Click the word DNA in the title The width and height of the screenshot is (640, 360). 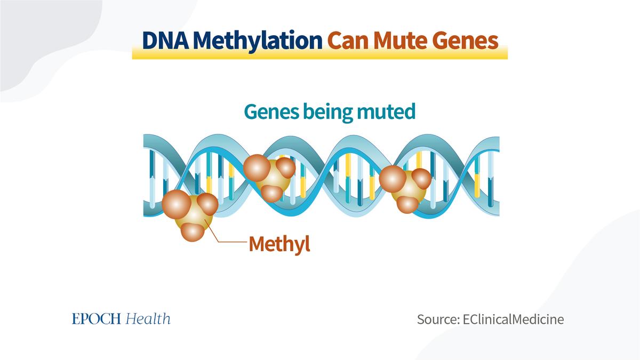pyautogui.click(x=165, y=41)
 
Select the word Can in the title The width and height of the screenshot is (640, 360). pyautogui.click(x=348, y=41)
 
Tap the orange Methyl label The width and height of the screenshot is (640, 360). pyautogui.click(x=279, y=244)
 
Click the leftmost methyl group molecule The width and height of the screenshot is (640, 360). pyautogui.click(x=190, y=215)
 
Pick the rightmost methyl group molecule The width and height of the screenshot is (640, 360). pyautogui.click(x=405, y=189)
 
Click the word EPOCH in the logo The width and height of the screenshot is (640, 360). pyautogui.click(x=97, y=319)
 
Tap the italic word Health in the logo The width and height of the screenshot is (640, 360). pyautogui.click(x=148, y=319)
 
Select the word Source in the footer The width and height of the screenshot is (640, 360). pyautogui.click(x=438, y=319)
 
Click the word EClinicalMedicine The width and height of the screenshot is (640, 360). pyautogui.click(x=514, y=319)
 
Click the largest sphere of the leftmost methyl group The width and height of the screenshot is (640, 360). pyautogui.click(x=177, y=204)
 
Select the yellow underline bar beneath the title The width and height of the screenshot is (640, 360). pyautogui.click(x=319, y=53)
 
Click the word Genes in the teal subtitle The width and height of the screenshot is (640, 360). pyautogui.click(x=271, y=113)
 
